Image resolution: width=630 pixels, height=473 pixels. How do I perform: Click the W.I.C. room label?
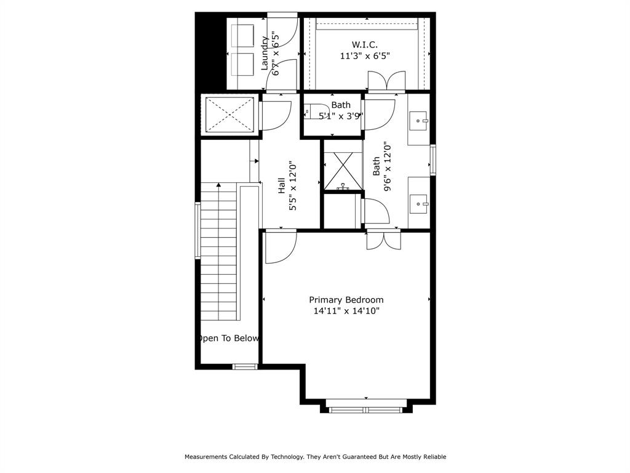coord(364,44)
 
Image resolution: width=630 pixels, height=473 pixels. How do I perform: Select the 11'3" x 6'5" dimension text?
coord(364,56)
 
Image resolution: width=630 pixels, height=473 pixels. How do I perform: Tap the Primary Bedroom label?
coord(346,300)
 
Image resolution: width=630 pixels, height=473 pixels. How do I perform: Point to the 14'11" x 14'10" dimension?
coord(346,311)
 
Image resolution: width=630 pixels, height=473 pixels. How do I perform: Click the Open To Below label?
coord(228,338)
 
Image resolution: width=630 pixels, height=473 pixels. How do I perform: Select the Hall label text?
coord(281,186)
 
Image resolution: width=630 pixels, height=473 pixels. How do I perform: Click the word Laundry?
coord(265,53)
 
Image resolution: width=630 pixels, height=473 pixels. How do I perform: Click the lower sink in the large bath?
coord(419,201)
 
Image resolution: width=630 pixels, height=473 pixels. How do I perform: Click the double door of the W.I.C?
coord(386,81)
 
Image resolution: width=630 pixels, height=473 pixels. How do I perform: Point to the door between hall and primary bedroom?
coord(281,246)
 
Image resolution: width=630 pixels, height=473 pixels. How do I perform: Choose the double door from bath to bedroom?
coord(383,240)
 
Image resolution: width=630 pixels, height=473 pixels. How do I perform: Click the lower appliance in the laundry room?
coord(242,63)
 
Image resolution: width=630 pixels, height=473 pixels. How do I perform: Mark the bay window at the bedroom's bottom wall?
coord(366,410)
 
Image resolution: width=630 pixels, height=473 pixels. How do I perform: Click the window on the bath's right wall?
coord(433,160)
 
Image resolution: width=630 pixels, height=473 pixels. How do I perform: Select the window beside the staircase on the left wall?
coord(197,230)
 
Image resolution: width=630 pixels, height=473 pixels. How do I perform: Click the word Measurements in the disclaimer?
coord(206,457)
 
